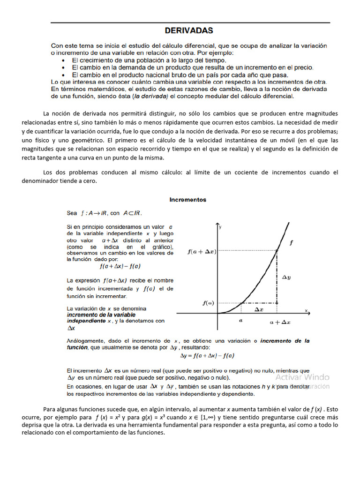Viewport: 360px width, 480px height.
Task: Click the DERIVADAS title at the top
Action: pos(189,30)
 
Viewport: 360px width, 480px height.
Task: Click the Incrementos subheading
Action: pos(187,199)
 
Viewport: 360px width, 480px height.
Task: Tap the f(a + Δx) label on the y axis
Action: pos(202,251)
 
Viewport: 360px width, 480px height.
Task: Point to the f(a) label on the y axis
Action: pos(208,303)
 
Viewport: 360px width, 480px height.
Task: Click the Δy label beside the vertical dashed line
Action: pos(286,277)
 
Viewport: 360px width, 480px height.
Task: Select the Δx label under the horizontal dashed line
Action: pos(258,310)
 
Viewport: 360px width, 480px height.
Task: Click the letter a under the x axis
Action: pos(240,321)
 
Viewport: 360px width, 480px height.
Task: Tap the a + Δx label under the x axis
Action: pos(280,322)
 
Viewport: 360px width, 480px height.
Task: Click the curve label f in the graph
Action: pos(292,243)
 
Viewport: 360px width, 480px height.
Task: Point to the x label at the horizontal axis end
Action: pos(306,310)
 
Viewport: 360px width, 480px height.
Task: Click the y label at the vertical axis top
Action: pos(220,226)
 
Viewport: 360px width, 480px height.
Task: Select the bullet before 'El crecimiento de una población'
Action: pos(64,60)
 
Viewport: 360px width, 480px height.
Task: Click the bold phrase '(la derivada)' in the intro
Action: pos(150,96)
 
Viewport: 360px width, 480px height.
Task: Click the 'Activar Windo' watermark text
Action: pos(302,377)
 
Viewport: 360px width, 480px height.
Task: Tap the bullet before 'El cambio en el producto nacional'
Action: pos(64,75)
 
